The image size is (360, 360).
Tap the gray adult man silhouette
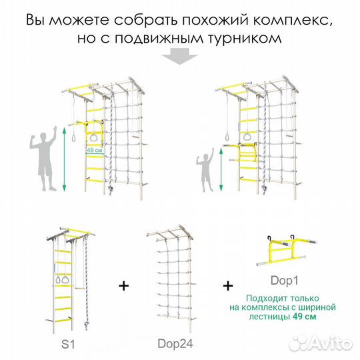tap(41, 161)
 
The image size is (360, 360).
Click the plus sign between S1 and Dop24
tap(123, 285)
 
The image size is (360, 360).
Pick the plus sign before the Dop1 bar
tap(229, 285)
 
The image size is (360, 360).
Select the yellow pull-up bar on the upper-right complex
tap(247, 155)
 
